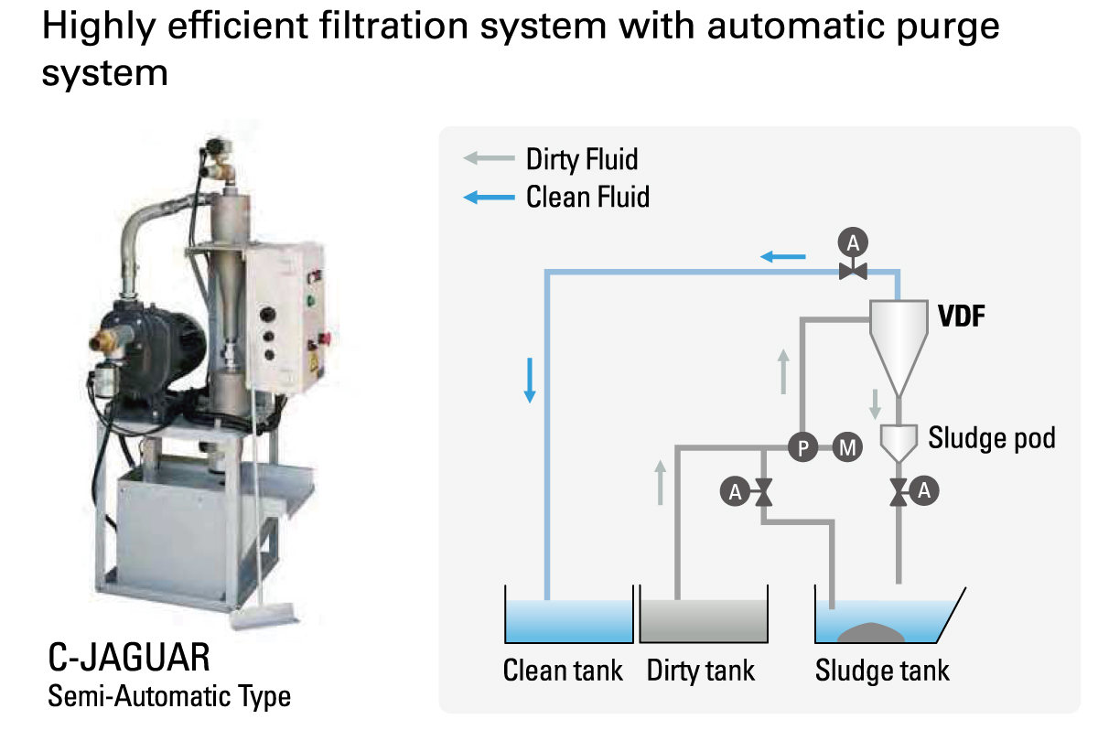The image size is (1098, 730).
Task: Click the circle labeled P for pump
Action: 802,448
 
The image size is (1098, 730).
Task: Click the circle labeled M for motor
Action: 848,448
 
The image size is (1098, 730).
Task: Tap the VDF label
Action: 963,317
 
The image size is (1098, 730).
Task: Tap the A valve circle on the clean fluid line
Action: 853,242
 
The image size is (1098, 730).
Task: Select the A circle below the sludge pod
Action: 924,491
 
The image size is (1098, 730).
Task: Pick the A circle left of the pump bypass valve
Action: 734,492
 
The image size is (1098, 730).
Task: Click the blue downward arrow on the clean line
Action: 529,380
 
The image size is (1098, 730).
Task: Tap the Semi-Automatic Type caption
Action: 169,696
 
